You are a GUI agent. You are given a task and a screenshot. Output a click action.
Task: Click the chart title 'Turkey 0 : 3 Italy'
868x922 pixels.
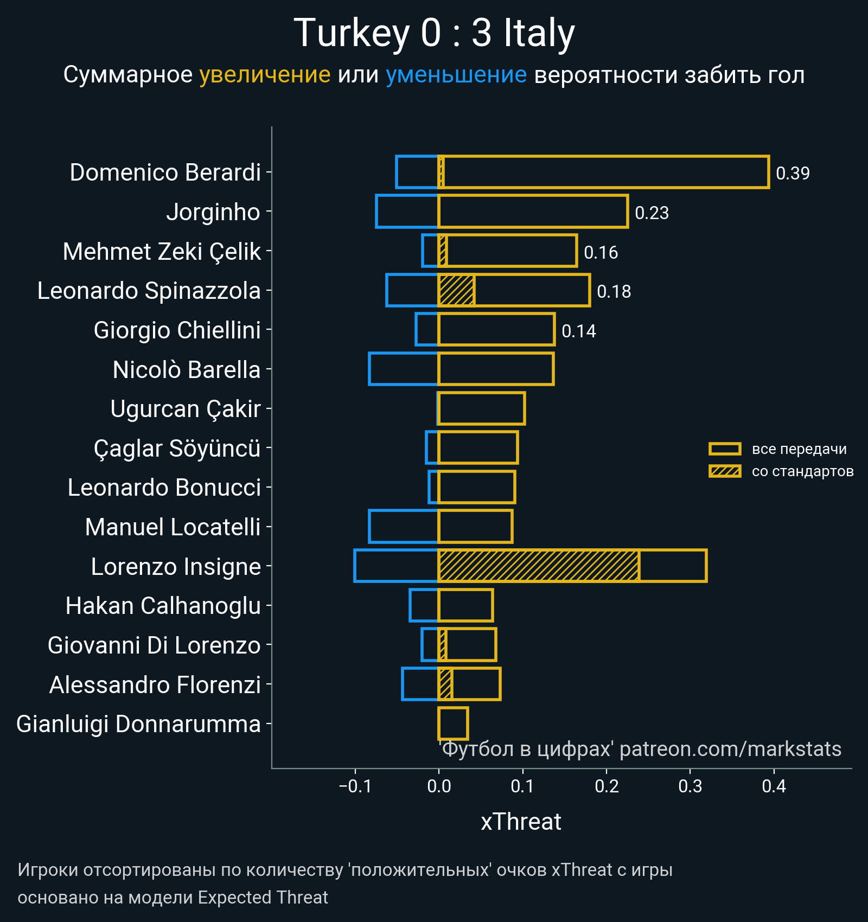click(434, 34)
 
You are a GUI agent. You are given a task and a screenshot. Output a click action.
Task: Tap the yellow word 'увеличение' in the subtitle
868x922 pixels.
click(265, 75)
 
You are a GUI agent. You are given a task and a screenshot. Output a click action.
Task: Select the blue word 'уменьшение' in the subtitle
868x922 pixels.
click(456, 75)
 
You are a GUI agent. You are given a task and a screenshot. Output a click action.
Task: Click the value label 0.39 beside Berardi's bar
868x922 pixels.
click(793, 173)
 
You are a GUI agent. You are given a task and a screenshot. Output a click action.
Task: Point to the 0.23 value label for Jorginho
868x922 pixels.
click(652, 213)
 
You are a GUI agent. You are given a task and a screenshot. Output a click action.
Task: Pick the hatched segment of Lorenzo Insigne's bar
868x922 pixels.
click(538, 566)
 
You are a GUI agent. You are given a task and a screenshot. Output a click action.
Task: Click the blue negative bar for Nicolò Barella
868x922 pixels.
click(404, 369)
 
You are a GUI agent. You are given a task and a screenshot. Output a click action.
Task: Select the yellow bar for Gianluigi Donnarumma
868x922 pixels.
click(453, 723)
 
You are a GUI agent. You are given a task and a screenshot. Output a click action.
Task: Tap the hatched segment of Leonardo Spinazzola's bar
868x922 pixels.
click(456, 290)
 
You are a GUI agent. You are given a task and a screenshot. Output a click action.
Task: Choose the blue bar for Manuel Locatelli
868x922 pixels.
click(404, 526)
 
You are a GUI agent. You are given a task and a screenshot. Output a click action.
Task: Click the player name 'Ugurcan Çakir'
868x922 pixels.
click(186, 409)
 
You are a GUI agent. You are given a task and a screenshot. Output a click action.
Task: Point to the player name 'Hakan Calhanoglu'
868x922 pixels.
click(163, 606)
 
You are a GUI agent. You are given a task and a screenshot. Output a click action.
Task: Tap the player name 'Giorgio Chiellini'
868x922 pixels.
click(177, 330)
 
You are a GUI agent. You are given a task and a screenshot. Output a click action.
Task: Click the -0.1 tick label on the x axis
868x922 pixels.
click(355, 786)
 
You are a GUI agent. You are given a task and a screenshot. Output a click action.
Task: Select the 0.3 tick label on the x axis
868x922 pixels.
click(690, 786)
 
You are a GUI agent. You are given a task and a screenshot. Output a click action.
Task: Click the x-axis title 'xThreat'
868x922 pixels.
click(521, 822)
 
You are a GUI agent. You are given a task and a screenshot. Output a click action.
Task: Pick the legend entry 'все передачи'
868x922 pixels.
click(799, 449)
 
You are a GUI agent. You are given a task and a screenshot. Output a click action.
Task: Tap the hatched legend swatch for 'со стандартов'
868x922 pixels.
click(725, 471)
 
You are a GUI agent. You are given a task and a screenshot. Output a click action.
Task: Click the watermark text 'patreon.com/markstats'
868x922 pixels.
click(730, 749)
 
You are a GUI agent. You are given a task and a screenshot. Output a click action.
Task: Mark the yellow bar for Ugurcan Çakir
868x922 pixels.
click(482, 408)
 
